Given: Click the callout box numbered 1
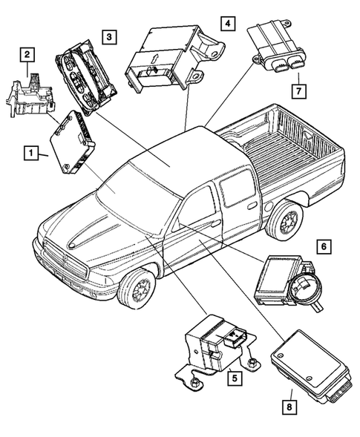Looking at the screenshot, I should (x=31, y=154).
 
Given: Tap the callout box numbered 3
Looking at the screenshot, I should (x=109, y=36).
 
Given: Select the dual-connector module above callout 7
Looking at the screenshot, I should (x=279, y=45).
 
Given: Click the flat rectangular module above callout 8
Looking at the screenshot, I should (x=308, y=359).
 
